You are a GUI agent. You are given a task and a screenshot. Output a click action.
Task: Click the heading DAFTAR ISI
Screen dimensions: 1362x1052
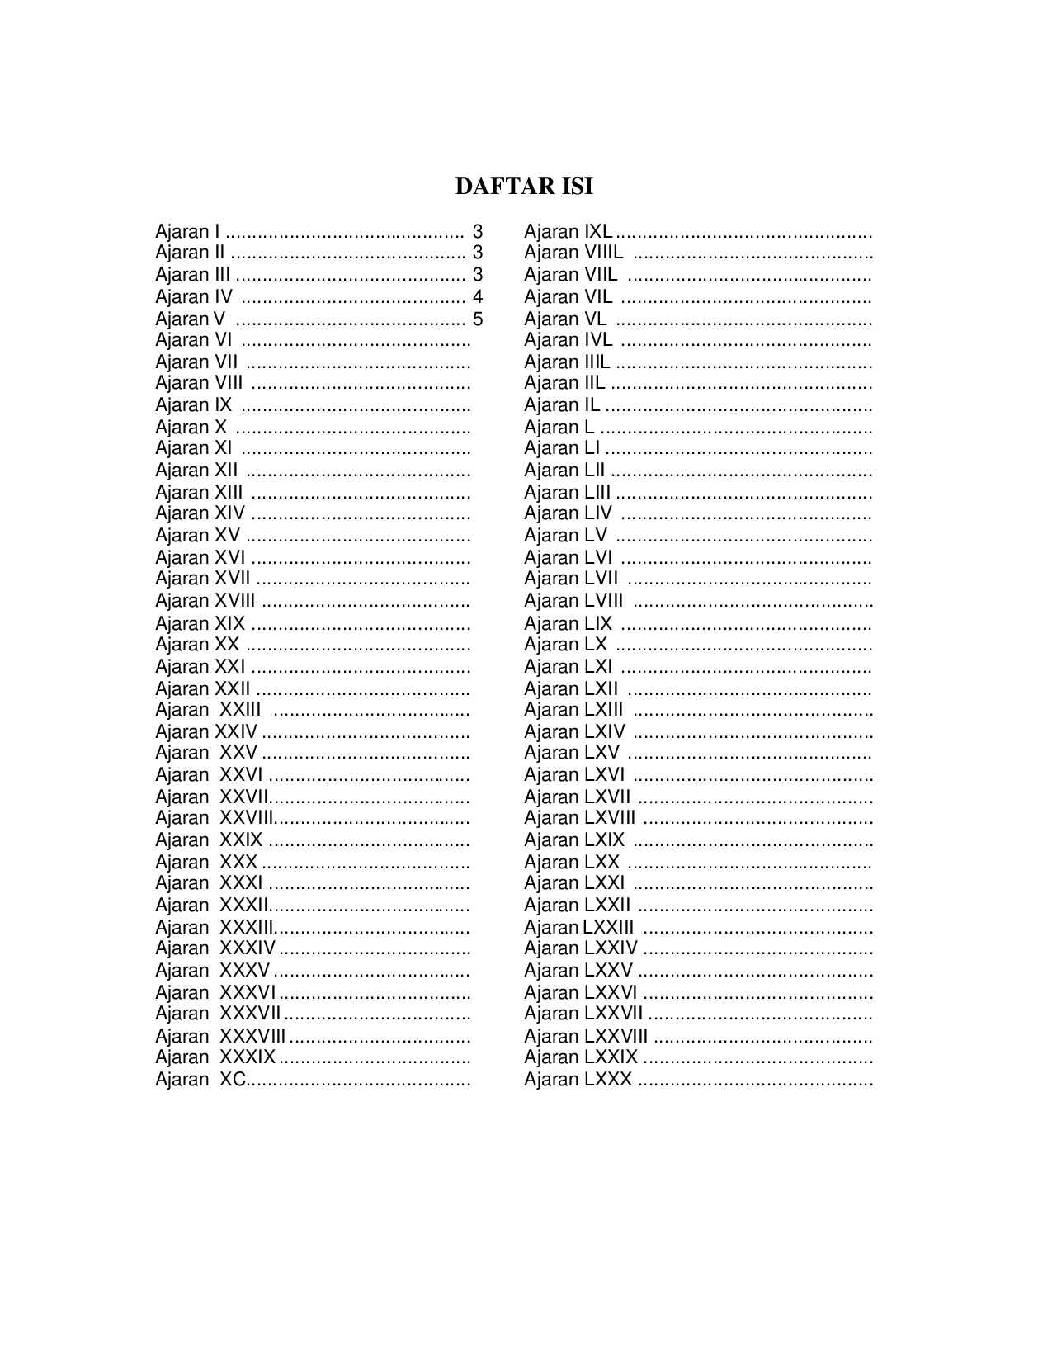click(524, 187)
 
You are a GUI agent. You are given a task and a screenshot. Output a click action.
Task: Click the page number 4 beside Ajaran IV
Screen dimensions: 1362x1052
click(477, 297)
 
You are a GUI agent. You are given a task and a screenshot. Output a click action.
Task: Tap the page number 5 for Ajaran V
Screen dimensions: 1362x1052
click(477, 319)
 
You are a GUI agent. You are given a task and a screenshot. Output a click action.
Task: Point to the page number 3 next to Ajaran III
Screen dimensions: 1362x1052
click(477, 275)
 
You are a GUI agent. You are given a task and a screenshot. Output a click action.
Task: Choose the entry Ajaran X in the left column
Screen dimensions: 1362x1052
click(191, 428)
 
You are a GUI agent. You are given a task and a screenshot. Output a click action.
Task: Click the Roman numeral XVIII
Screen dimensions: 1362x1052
click(235, 601)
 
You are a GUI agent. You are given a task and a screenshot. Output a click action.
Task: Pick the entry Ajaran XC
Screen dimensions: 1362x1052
click(200, 1080)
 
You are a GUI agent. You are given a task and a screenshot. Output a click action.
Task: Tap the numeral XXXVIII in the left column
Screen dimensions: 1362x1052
click(252, 1037)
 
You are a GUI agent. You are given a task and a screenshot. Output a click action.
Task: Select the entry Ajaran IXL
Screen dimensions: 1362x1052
click(568, 232)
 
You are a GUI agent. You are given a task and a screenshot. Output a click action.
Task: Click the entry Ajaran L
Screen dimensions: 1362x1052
click(559, 428)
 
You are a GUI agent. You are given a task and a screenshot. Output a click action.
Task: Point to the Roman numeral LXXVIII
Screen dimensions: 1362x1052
click(616, 1037)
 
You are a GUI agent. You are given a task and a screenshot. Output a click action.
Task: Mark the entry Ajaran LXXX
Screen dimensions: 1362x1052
click(578, 1080)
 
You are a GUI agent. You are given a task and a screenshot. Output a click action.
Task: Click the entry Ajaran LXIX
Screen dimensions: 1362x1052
click(574, 840)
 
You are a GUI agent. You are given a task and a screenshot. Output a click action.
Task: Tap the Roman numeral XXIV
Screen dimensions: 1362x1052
click(236, 732)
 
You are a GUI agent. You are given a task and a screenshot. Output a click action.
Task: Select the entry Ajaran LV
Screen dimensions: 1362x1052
click(565, 536)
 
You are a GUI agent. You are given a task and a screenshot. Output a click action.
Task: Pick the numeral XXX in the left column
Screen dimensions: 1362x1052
click(238, 863)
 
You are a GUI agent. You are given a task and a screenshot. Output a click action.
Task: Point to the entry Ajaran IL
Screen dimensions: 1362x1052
click(562, 405)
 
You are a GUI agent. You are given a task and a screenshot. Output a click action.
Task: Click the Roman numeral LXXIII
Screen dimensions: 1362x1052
click(608, 928)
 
